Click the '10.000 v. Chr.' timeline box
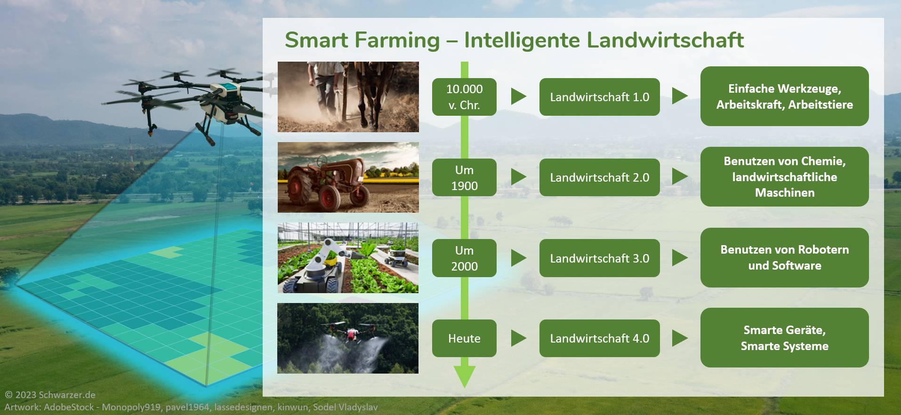[464, 97]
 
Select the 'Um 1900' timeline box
[464, 177]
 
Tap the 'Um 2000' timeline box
[464, 258]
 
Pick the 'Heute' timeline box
[464, 338]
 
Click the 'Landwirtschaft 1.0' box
[599, 97]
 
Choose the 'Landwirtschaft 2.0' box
[599, 177]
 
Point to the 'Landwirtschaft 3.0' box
[599, 258]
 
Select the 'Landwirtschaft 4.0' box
[599, 338]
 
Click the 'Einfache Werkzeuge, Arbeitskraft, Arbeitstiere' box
[784, 96]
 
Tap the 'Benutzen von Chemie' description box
[784, 176]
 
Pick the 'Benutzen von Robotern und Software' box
[784, 257]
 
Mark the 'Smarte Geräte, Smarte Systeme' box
[784, 337]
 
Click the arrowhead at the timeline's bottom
[464, 376]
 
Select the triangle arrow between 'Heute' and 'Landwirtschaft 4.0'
[518, 338]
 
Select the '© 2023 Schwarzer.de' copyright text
[50, 395]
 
